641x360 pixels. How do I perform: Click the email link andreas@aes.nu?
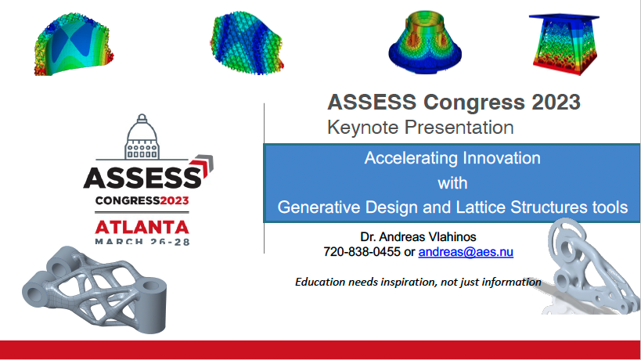466,252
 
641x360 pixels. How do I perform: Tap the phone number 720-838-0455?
362,252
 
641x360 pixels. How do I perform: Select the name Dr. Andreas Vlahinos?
418,236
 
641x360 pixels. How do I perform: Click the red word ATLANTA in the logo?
142,227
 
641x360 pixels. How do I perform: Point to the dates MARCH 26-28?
142,241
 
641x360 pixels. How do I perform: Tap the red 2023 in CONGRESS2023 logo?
175,200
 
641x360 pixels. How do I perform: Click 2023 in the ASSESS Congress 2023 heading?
556,102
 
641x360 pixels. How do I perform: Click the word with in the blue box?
452,182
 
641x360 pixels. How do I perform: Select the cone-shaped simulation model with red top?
425,42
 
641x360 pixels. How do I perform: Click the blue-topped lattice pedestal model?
564,45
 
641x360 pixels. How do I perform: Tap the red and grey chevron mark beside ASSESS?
203,167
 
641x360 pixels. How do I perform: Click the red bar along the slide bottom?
321,350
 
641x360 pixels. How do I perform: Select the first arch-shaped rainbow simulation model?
74,44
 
